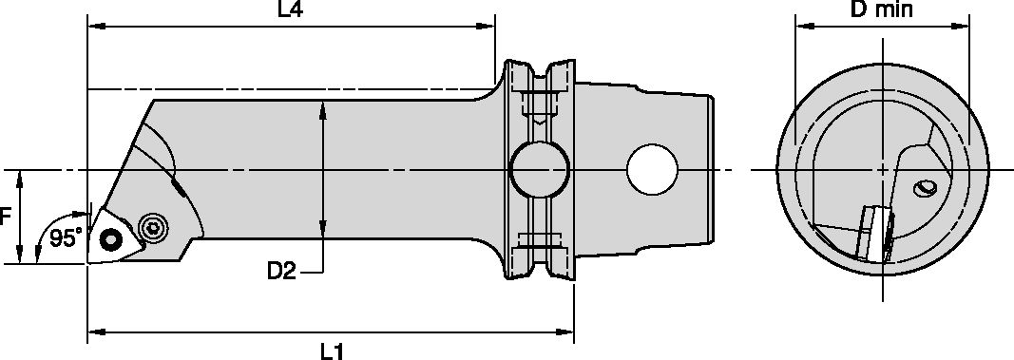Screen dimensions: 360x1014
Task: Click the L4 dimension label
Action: tap(291, 10)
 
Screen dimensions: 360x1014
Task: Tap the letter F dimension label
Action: tap(6, 217)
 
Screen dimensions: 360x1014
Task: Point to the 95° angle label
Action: tap(66, 238)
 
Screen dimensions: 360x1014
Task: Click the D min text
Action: tap(880, 10)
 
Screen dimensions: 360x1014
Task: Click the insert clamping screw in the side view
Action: tap(151, 227)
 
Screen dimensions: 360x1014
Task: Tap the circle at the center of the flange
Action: tap(539, 171)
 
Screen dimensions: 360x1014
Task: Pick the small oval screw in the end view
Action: tap(925, 189)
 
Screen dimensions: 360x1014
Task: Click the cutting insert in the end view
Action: tap(875, 232)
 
